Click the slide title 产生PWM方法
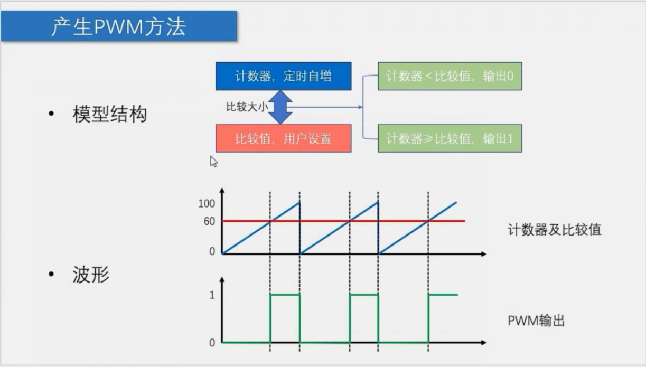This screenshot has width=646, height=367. pos(118,26)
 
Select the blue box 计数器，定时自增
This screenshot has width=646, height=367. pos(284,76)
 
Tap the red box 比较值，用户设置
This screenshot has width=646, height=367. pos(284,138)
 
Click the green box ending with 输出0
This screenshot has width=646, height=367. pos(450,76)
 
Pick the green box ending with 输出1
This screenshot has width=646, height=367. pos(450,138)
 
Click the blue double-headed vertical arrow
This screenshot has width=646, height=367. pos(280,107)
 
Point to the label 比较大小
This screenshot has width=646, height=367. pos(247,107)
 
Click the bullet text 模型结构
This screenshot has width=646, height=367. pos(110,114)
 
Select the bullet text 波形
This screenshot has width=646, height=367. pos(91,275)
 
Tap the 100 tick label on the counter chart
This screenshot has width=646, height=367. pos(207,204)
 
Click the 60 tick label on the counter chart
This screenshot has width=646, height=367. pos(209,221)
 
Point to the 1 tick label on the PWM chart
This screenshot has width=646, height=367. pos(212,295)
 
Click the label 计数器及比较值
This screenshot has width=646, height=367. pos(555,230)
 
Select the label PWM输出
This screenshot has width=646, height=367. pos(536,321)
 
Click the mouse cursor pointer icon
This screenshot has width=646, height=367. pos(214,162)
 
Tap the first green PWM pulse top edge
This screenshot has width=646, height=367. pos(285,295)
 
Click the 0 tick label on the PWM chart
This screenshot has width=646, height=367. pos(212,343)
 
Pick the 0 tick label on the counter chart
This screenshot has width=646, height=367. pos(212,251)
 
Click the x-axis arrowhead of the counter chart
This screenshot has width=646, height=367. pos(484,254)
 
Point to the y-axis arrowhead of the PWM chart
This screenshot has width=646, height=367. pos(222,280)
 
